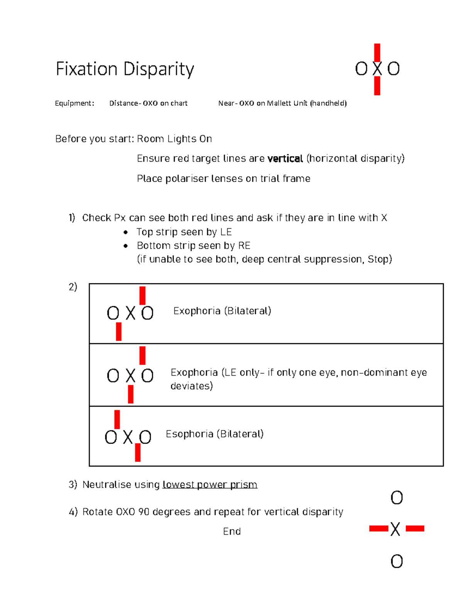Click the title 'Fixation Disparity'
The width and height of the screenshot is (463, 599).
point(125,69)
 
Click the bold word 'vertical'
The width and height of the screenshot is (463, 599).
point(285,159)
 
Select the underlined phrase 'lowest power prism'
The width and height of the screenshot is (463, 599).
point(210,484)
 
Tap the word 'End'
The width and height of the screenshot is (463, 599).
point(232,532)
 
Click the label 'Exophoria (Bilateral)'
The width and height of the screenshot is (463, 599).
point(222,311)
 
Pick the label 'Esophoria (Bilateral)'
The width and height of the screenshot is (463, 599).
point(215,434)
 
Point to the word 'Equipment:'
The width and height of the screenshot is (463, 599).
point(74,103)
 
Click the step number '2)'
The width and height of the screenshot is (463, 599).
point(73,287)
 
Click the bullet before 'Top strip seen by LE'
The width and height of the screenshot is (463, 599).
point(125,232)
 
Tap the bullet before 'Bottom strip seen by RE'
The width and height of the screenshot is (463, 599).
point(125,246)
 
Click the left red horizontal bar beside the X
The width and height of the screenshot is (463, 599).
point(379,528)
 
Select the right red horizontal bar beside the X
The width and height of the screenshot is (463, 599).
point(415,528)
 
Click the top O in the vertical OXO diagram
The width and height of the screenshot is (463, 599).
point(397,498)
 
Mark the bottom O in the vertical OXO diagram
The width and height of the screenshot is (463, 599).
point(397,562)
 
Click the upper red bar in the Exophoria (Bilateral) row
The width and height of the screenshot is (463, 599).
point(142,295)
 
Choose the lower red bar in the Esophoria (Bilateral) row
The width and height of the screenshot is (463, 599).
point(138,452)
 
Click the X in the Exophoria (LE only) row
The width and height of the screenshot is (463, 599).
point(131,376)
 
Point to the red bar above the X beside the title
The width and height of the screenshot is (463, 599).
point(377,52)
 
